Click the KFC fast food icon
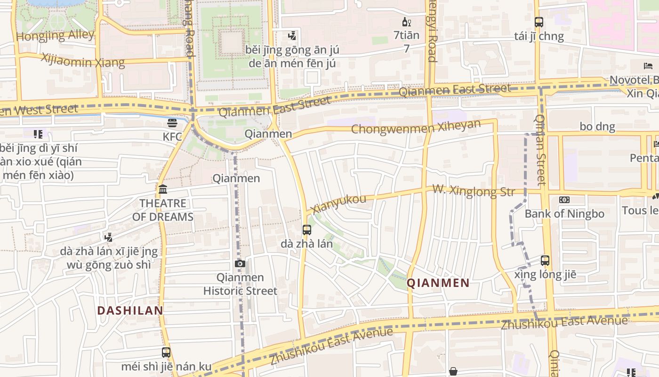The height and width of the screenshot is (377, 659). click(172, 123)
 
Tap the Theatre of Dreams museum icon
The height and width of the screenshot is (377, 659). click(163, 189)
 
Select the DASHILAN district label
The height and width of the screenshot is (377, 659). click(130, 311)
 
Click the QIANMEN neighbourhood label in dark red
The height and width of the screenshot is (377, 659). click(438, 283)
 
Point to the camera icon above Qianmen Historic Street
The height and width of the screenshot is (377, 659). click(240, 263)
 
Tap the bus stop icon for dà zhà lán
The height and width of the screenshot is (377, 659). click(307, 230)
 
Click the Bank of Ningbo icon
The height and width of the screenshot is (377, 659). click(564, 200)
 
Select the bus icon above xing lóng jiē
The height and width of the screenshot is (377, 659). click(545, 260)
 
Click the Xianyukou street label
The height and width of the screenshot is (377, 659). click(338, 204)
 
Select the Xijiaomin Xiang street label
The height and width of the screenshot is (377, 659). click(83, 60)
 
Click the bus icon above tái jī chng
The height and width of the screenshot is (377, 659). click(539, 22)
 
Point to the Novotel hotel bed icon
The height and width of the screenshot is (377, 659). click(648, 66)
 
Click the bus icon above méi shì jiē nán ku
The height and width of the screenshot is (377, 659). click(166, 352)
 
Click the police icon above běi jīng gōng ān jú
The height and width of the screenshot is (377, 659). click(292, 35)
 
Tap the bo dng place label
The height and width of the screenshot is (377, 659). click(597, 126)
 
